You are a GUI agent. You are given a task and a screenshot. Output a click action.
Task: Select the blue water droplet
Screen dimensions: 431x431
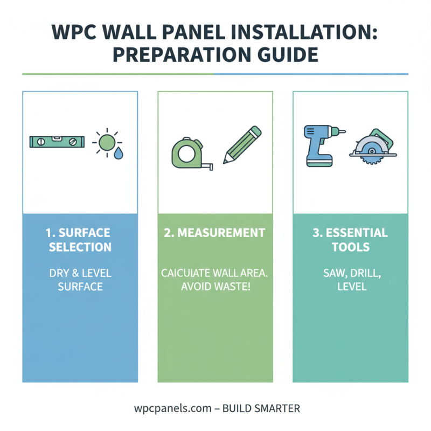pyautogui.click(x=117, y=154)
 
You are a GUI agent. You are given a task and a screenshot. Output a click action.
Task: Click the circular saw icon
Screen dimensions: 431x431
pyautogui.click(x=373, y=145)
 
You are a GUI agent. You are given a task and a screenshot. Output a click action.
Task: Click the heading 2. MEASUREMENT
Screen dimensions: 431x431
pyautogui.click(x=215, y=233)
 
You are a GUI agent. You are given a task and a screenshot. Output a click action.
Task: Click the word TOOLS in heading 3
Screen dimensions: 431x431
pyautogui.click(x=350, y=247)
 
